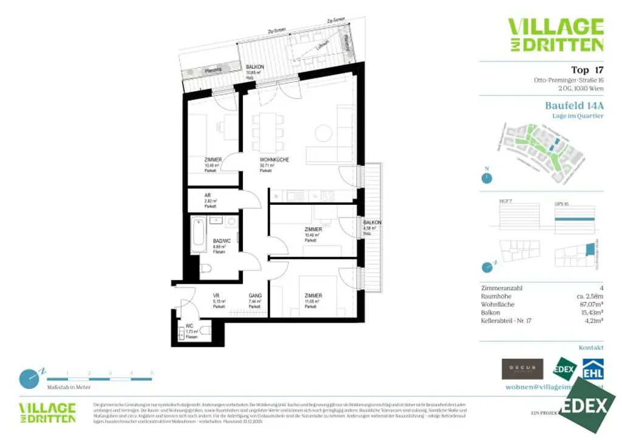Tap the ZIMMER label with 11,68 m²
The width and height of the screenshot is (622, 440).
pyautogui.click(x=313, y=296)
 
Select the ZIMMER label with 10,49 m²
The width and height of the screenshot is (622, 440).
pyautogui.click(x=213, y=160)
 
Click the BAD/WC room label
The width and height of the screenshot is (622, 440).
pyautogui.click(x=222, y=241)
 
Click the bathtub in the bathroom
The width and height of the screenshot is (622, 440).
pyautogui.click(x=199, y=236)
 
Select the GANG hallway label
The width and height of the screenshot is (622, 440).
pyautogui.click(x=255, y=296)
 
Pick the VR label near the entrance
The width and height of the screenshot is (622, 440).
pyautogui.click(x=216, y=296)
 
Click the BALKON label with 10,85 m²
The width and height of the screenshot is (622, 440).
pyautogui.click(x=254, y=67)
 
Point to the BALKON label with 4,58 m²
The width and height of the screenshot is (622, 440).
pyautogui.click(x=372, y=223)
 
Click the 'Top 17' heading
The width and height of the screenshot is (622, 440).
pyautogui.click(x=587, y=69)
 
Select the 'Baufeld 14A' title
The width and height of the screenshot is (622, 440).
pyautogui.click(x=574, y=105)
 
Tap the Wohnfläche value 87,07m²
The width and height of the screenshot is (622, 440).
pyautogui.click(x=587, y=304)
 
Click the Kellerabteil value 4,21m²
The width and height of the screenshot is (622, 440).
pyautogui.click(x=591, y=320)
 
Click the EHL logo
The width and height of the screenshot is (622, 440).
pyautogui.click(x=593, y=369)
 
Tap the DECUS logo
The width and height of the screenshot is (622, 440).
pyautogui.click(x=522, y=369)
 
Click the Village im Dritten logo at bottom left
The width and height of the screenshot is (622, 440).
pyautogui.click(x=47, y=412)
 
